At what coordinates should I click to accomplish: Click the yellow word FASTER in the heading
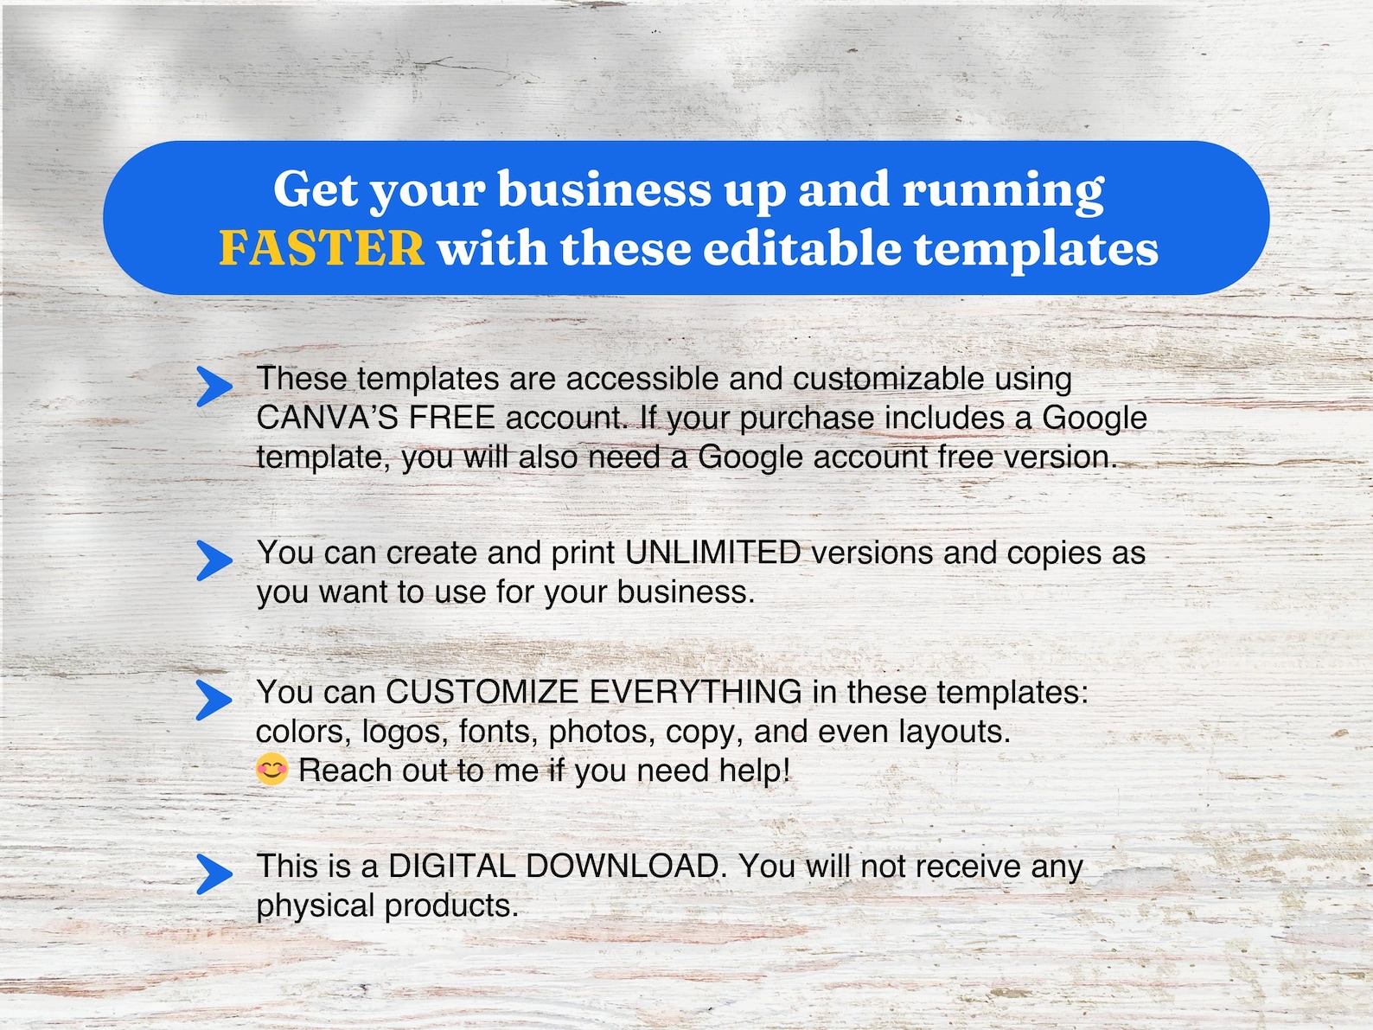322,249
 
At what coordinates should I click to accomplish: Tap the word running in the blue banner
1003,190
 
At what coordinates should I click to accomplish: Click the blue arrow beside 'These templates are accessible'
214,387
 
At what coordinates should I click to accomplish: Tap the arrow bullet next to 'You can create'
214,560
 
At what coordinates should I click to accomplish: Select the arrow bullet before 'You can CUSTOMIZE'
214,700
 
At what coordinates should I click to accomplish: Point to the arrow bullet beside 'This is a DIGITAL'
214,873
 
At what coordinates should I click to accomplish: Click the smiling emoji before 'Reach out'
271,769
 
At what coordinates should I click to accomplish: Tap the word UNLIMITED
712,553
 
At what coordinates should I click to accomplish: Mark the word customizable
888,379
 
